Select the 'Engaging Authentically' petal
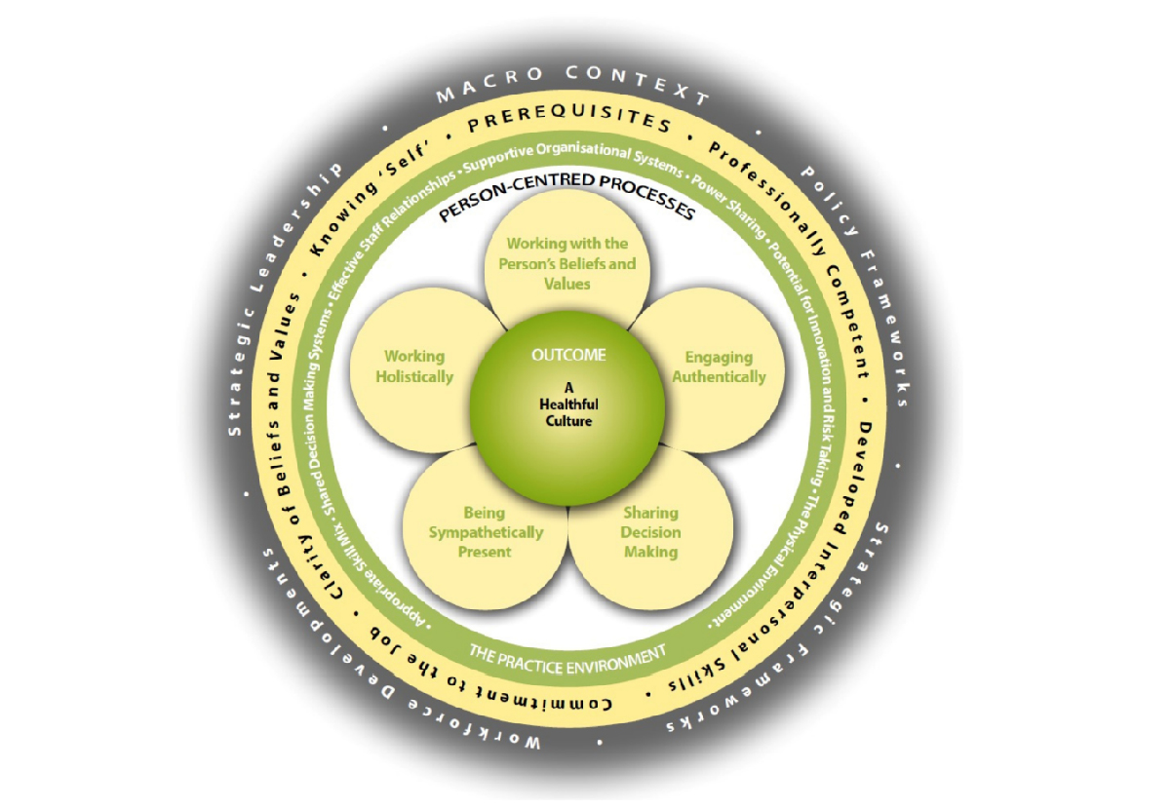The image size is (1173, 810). (x=724, y=366)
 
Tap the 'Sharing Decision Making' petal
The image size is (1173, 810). (x=650, y=531)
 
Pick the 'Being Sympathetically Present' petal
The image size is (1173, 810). (x=485, y=531)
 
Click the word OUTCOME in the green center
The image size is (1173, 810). (x=568, y=355)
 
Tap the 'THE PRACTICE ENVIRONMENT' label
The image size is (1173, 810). (x=567, y=654)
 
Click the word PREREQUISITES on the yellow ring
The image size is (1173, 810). (x=570, y=125)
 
